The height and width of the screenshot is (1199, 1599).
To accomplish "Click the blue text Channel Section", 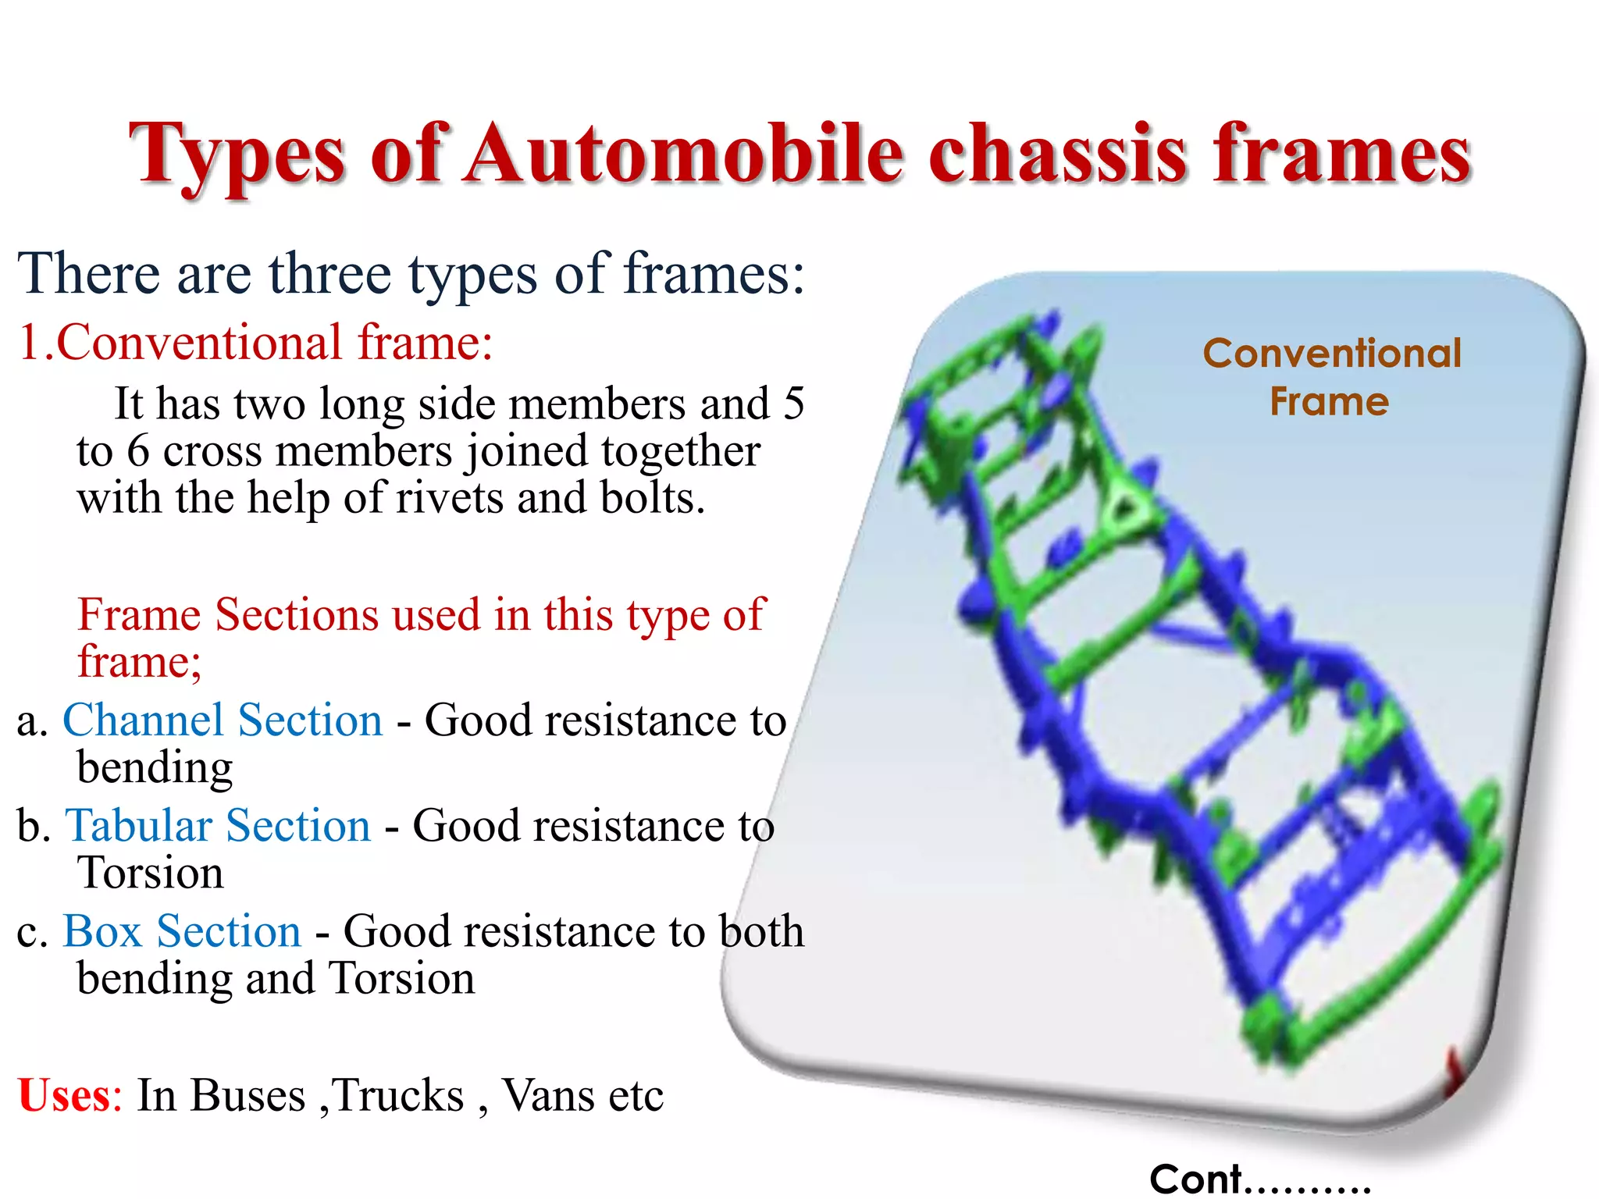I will click(x=223, y=720).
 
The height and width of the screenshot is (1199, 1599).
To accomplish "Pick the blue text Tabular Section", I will click(x=218, y=826).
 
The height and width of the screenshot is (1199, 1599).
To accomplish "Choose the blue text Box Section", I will click(x=182, y=931).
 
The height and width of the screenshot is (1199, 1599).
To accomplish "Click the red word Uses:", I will click(x=69, y=1094).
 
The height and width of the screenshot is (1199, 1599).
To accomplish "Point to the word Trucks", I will click(x=398, y=1094).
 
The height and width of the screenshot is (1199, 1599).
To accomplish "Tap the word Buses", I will click(x=248, y=1094).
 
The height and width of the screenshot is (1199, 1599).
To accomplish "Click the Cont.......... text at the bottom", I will click(x=1259, y=1179).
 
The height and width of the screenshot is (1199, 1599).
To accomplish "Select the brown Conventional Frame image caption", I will click(x=1331, y=377).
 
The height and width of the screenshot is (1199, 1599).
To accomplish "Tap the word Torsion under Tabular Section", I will click(x=150, y=873).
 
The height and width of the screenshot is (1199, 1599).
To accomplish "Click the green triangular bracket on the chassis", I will click(x=1124, y=507).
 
